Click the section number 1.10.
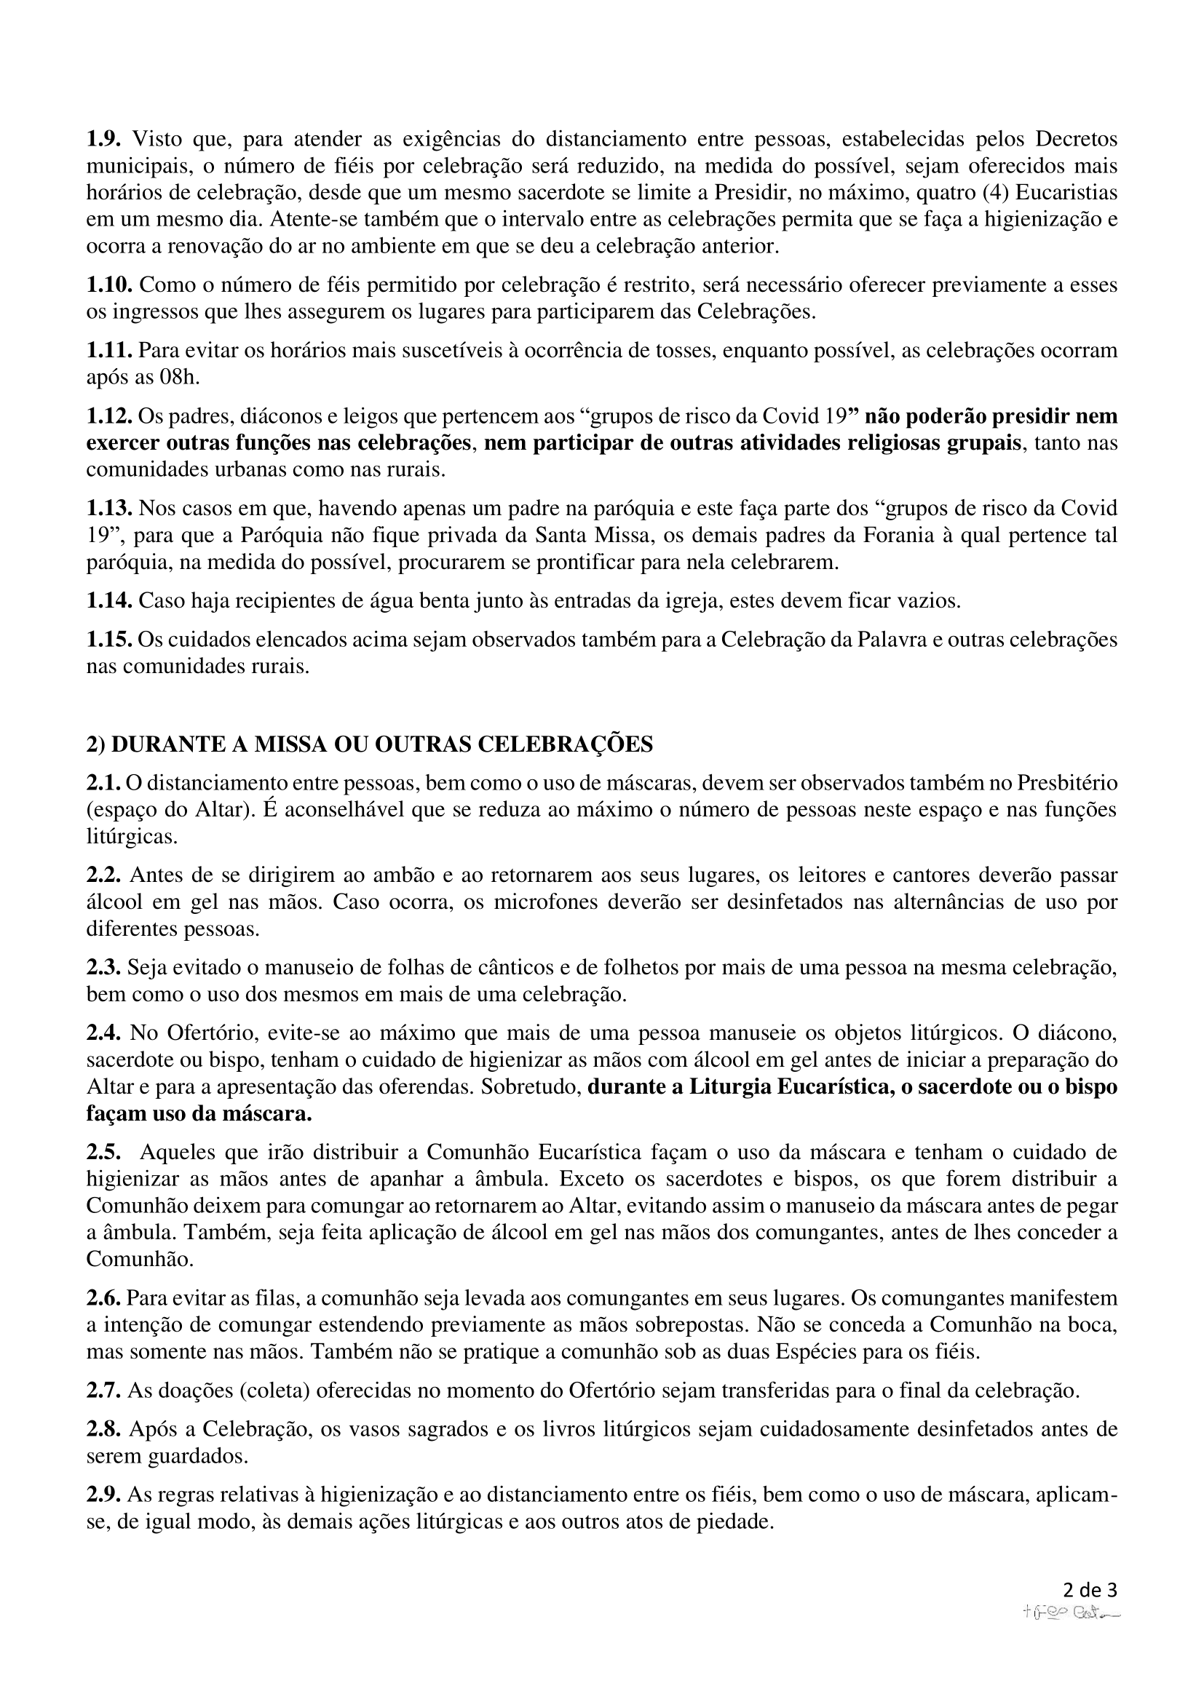pos(110,285)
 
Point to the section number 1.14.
pos(110,600)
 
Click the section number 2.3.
pos(104,966)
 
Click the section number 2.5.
pos(104,1152)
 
